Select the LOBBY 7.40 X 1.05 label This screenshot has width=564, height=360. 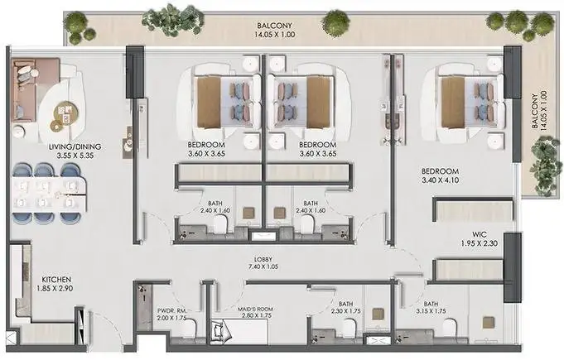tap(263, 263)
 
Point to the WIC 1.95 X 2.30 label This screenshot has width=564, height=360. tap(480, 239)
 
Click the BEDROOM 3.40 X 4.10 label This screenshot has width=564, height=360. tap(441, 175)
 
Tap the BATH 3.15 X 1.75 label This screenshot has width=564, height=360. tap(431, 308)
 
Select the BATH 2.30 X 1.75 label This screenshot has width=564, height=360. tap(345, 308)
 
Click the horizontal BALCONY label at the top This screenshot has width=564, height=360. tap(274, 30)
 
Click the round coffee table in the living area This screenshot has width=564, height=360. tap(65, 114)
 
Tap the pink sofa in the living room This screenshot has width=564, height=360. tap(26, 89)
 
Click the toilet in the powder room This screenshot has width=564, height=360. tap(190, 328)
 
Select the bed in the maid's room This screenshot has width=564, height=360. tap(239, 331)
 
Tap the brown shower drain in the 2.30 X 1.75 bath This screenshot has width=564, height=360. tap(378, 314)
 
